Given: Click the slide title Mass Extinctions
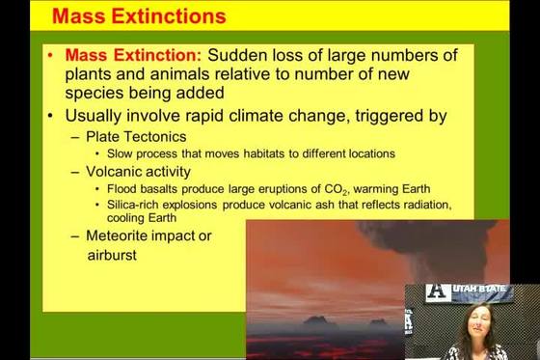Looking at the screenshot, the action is click(x=139, y=15).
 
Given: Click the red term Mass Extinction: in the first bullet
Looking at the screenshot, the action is click(x=133, y=55).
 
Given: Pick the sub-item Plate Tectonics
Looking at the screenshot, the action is click(x=136, y=137).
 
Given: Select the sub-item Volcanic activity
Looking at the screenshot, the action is click(x=138, y=172).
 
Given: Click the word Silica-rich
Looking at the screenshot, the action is click(x=133, y=205).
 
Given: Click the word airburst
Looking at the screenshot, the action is click(x=112, y=255).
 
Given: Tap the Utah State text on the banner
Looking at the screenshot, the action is click(x=479, y=289).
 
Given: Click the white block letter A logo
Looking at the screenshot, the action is click(x=438, y=293).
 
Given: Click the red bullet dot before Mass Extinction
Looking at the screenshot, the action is click(x=50, y=55).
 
